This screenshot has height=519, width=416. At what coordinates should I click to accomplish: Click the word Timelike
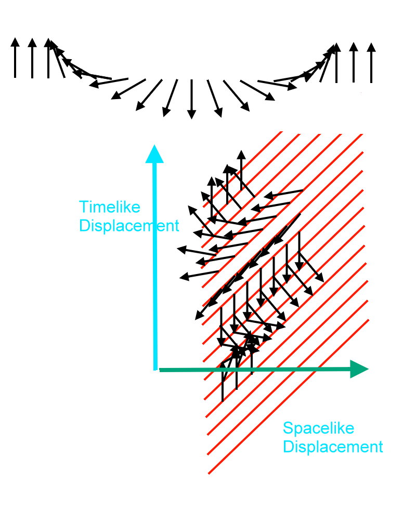pos(110,208)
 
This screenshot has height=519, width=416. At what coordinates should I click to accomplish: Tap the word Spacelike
pos(318,429)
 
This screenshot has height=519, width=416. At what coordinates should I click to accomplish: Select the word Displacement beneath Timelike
pos(128,226)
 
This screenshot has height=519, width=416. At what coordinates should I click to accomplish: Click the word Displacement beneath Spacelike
pos(333,447)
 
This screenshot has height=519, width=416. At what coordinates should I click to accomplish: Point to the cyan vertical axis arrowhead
pos(154,154)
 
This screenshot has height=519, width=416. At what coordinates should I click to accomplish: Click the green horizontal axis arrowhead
pos(359,369)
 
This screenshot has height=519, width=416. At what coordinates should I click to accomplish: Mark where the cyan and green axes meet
pos(155,369)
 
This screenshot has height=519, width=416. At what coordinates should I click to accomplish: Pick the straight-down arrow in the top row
pos(191,99)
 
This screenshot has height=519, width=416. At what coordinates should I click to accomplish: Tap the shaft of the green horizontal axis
pos(260,370)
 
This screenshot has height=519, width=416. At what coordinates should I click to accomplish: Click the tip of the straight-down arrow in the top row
pos(191,116)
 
